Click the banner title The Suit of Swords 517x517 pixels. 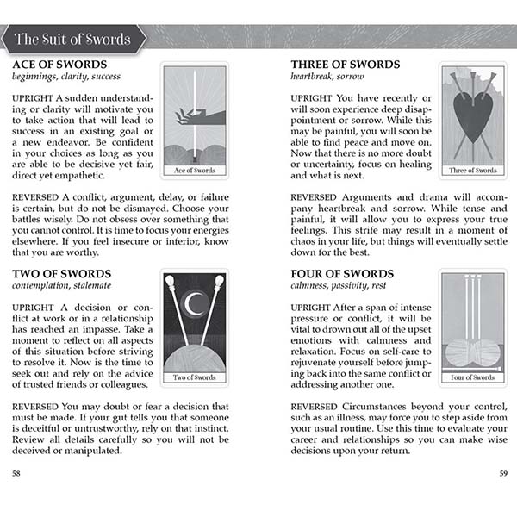(72, 39)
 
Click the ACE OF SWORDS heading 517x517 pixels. (59, 65)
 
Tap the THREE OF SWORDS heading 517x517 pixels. (345, 65)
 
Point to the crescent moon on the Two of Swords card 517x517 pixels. (195, 303)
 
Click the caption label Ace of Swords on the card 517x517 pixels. (195, 170)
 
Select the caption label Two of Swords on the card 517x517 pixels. (195, 377)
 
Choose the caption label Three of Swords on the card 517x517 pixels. (473, 170)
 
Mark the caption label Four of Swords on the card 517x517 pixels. (473, 377)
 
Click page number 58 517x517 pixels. (17, 472)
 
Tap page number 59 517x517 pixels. (503, 472)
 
